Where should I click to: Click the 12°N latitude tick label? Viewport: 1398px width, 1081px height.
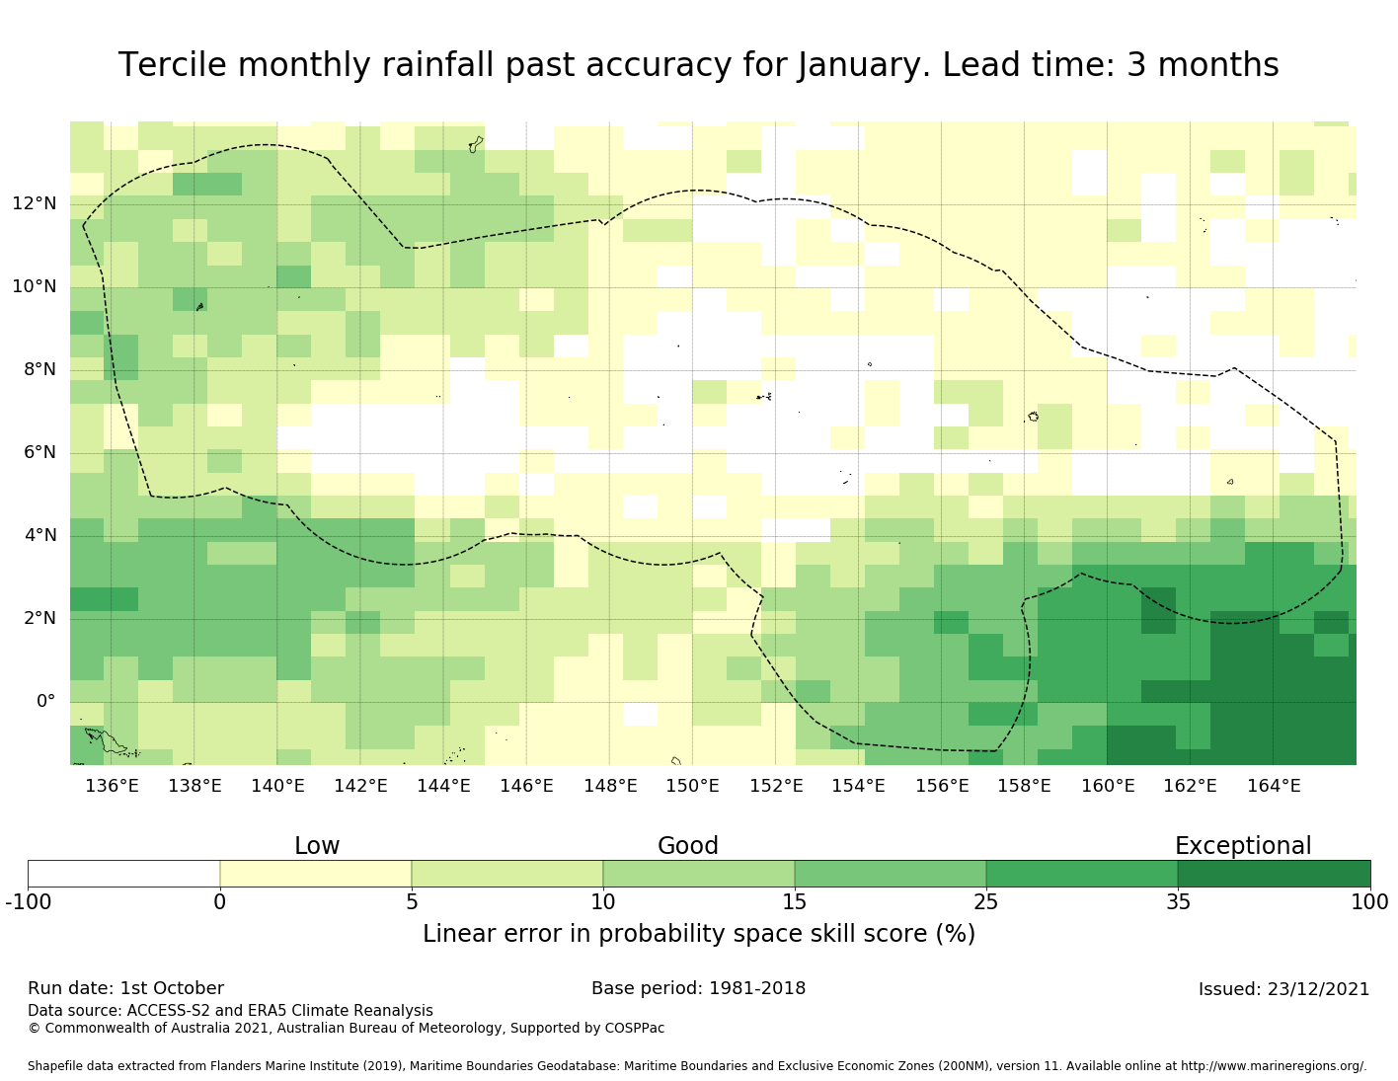tap(34, 204)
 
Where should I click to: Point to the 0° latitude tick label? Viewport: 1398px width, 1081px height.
tap(45, 702)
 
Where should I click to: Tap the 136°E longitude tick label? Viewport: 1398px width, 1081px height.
tap(112, 787)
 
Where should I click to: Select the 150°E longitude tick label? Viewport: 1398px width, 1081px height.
tap(692, 787)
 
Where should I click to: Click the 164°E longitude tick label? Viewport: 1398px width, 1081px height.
tap(1274, 787)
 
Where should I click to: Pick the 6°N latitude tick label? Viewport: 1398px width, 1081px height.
tap(34, 453)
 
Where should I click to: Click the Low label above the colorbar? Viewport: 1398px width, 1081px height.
tap(317, 846)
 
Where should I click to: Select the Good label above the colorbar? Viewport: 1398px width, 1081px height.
tap(688, 846)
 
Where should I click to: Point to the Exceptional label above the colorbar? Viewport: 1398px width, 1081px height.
tap(1242, 846)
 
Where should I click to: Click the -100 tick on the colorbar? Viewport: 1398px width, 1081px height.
tap(28, 902)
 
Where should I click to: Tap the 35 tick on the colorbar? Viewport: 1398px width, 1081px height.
tap(1178, 902)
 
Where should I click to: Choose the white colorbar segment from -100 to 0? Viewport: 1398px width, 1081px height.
tap(123, 874)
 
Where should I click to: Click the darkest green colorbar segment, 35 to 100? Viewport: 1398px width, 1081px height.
tap(1274, 874)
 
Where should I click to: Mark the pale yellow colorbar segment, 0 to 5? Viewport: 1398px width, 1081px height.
tap(316, 874)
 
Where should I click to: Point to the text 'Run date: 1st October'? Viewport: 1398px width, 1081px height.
tap(125, 989)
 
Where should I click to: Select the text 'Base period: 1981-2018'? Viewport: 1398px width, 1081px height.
tap(698, 989)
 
